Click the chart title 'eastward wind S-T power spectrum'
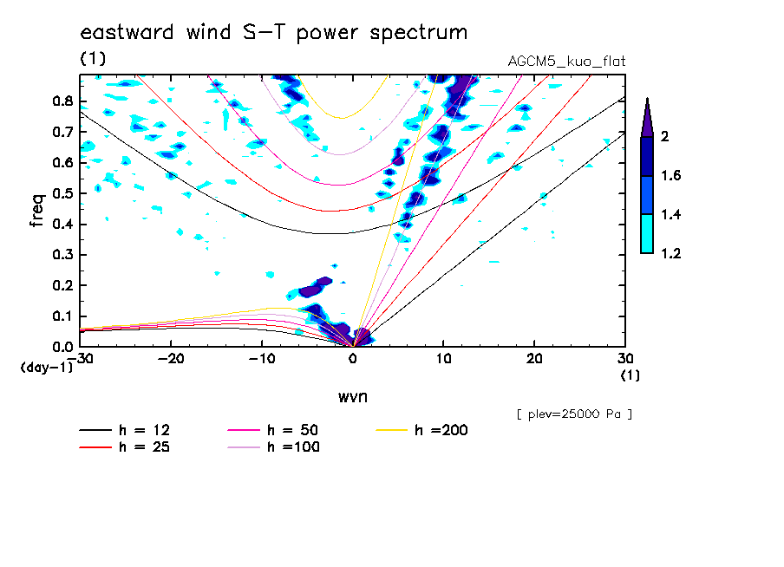pos(273,33)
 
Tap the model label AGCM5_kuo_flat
pos(566,62)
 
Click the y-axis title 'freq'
pos(36,210)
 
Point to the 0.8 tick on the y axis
pos(62,101)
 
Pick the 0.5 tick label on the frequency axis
pos(62,193)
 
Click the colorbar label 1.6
pos(670,176)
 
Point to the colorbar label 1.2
pos(670,254)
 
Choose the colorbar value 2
pos(663,137)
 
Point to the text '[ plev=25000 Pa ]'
pos(573,414)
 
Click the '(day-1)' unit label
pos(47,368)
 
